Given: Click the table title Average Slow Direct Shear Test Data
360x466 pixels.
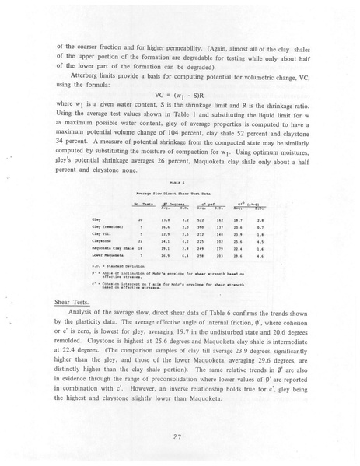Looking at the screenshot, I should (180, 191).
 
